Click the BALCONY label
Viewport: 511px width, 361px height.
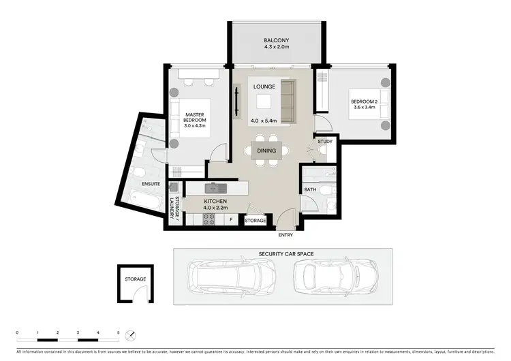click(277, 41)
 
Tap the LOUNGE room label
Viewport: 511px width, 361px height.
click(263, 87)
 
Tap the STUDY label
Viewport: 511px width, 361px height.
click(325, 142)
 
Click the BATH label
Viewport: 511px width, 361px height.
click(310, 189)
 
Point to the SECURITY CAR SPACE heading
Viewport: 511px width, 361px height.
click(285, 254)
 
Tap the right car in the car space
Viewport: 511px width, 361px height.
click(335, 276)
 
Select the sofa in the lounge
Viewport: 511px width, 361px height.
click(289, 100)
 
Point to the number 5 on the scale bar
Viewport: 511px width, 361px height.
click(119, 333)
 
